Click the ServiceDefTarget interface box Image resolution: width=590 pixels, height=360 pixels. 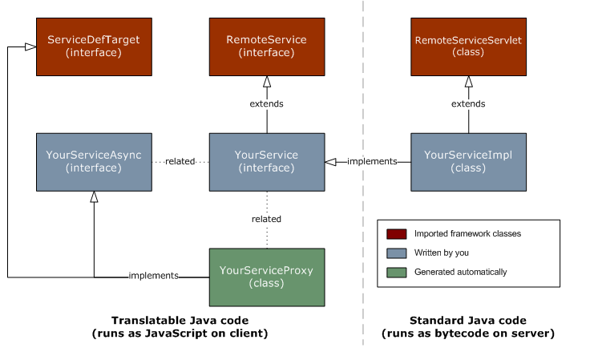(94, 47)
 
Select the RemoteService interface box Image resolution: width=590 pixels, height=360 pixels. (267, 47)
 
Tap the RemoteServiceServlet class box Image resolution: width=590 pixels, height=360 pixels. (468, 47)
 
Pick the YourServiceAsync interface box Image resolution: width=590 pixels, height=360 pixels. (94, 161)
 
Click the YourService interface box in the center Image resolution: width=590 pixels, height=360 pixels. (267, 161)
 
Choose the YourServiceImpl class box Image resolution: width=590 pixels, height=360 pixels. (468, 161)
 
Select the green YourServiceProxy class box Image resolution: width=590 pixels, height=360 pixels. (267, 277)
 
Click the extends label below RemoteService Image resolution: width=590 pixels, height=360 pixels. (267, 103)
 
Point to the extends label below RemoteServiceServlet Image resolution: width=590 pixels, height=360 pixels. (468, 103)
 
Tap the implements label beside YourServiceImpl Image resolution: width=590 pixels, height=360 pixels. (372, 161)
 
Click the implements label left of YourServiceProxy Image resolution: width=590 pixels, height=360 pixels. (153, 276)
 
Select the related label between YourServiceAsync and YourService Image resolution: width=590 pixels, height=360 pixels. (180, 161)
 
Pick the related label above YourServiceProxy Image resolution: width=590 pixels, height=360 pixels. (267, 219)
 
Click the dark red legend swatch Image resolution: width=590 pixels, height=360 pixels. (396, 234)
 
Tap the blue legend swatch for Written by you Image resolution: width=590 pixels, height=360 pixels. (396, 253)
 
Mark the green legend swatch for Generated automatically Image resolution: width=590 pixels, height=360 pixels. (396, 272)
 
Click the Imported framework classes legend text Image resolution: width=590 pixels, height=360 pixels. (467, 234)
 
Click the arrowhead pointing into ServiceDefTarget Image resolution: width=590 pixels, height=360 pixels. (30, 47)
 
